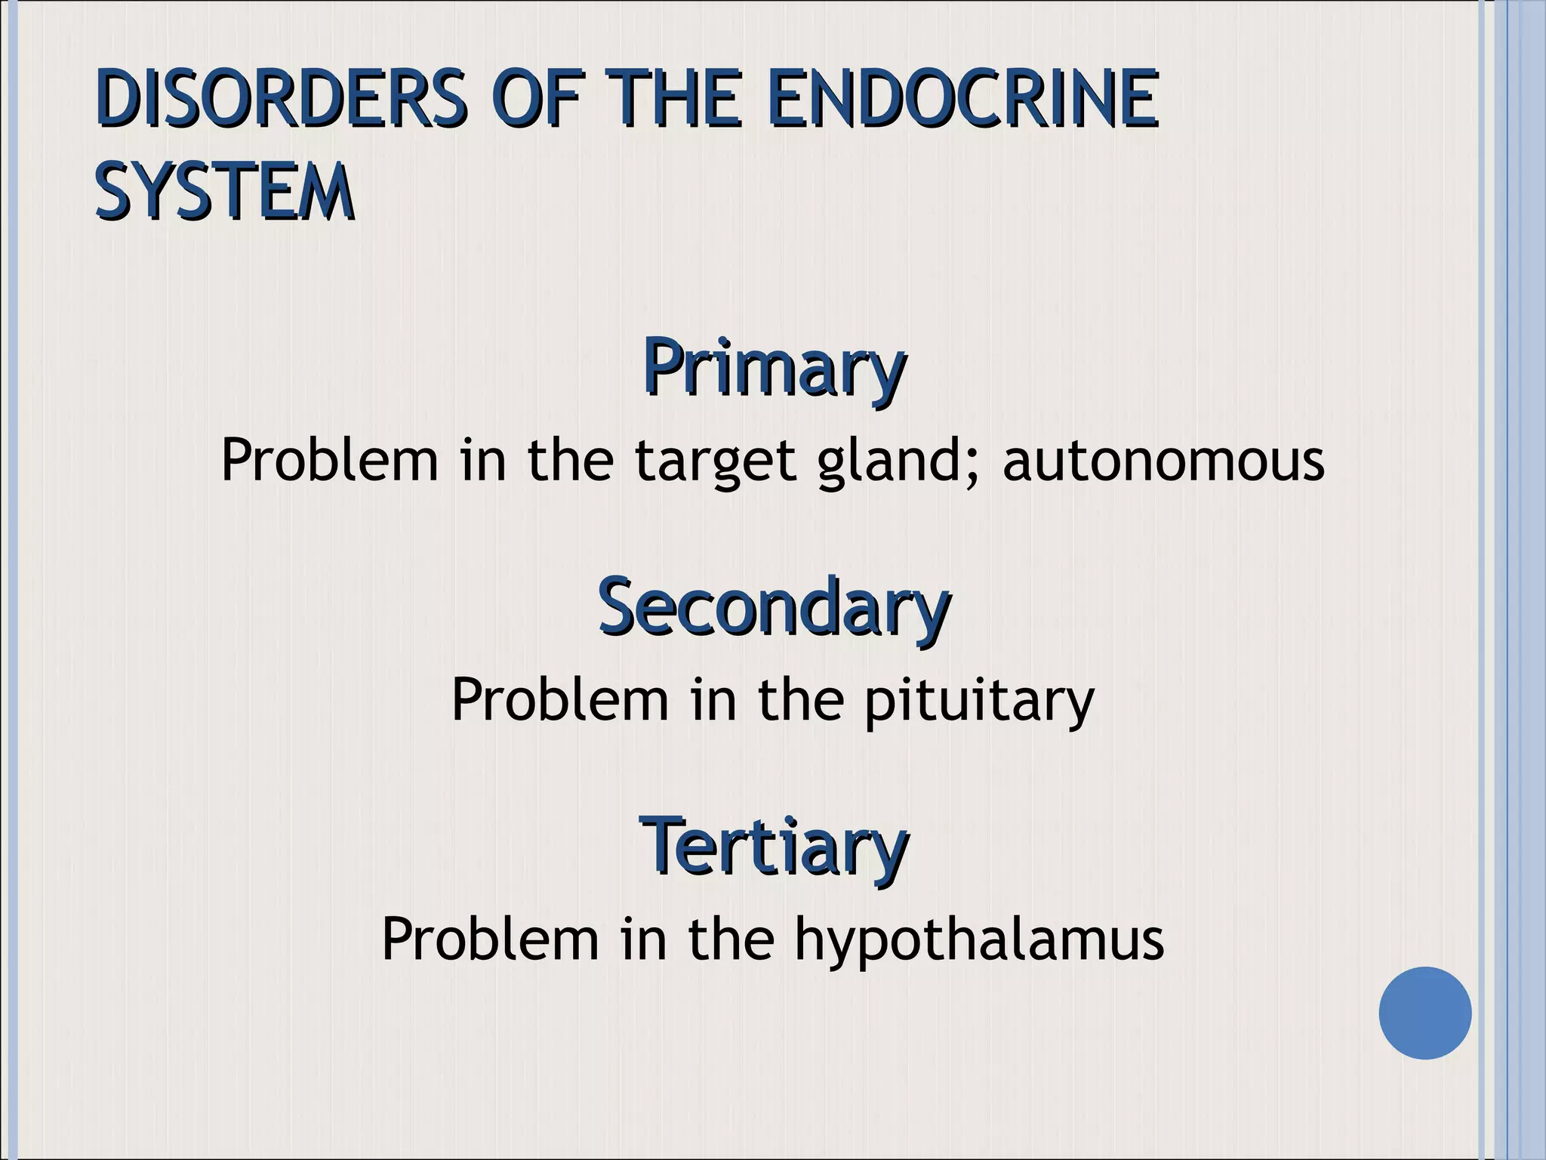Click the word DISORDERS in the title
pyautogui.click(x=279, y=100)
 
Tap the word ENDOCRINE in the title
pyautogui.click(x=962, y=100)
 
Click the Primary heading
pyautogui.click(x=774, y=368)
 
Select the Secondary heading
pyautogui.click(x=774, y=606)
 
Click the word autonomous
pyautogui.click(x=1163, y=461)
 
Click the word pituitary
pyautogui.click(x=978, y=701)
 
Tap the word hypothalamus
pyautogui.click(x=979, y=940)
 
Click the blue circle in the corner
pyautogui.click(x=1424, y=1013)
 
